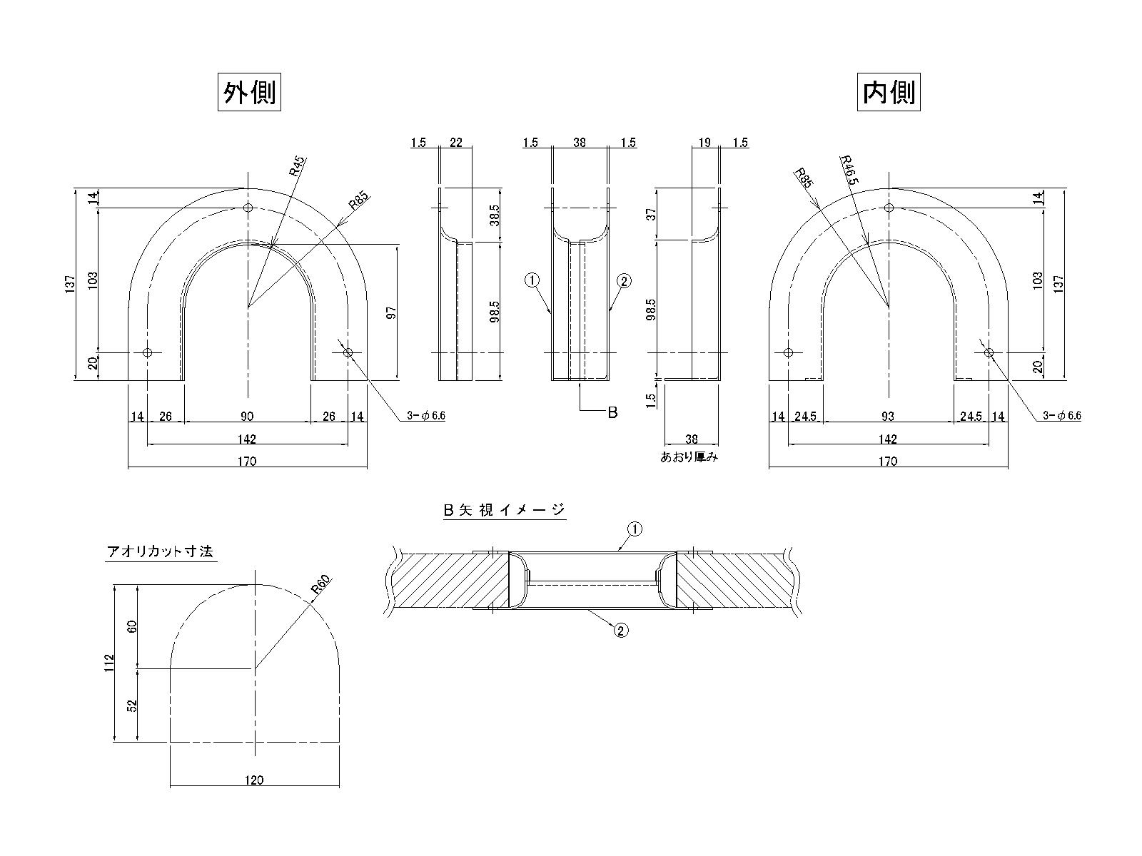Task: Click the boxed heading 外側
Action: (249, 93)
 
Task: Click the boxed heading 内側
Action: (889, 93)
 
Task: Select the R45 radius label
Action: (297, 166)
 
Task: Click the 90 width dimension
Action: (247, 416)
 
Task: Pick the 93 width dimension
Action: (888, 416)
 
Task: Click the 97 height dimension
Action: (391, 312)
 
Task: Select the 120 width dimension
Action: (254, 780)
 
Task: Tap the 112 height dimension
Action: (108, 663)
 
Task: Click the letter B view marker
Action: (612, 412)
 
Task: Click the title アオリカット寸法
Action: (160, 551)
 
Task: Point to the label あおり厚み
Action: (689, 457)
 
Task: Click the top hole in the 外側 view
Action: (248, 208)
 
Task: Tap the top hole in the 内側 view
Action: (889, 208)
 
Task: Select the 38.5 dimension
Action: (494, 215)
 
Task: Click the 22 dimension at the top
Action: (456, 143)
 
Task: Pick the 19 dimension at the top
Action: (704, 143)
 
